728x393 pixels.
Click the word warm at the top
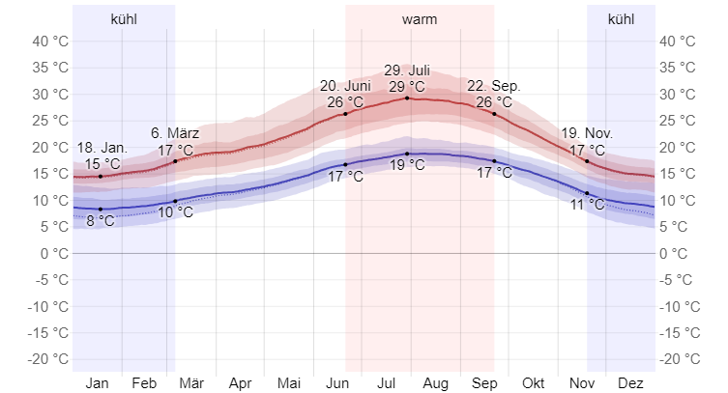[419, 19]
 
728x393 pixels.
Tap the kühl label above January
[124, 19]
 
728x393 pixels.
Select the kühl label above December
[621, 19]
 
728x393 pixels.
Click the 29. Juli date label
[407, 70]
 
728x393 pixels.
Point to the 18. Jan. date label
[102, 148]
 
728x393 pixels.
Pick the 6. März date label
[175, 133]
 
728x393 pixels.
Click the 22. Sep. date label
[493, 86]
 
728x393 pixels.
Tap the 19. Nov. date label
[587, 134]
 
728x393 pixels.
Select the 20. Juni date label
[345, 86]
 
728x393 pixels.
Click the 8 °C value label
[101, 221]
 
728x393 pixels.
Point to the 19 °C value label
[407, 165]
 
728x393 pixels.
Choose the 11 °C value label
[587, 205]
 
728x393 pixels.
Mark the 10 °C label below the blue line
[175, 212]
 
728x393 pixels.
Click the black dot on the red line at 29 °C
[407, 98]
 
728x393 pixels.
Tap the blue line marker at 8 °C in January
[101, 209]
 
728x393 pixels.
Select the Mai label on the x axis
[287, 382]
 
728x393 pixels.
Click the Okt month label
[533, 382]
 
